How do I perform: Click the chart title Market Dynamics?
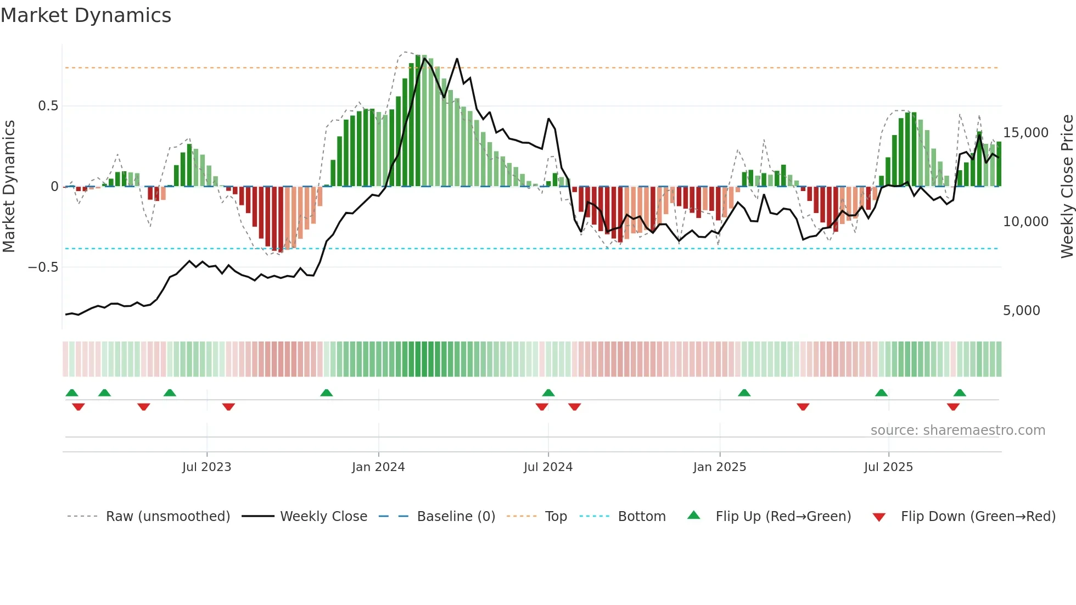pos(86,15)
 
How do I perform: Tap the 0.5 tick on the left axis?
pos(48,106)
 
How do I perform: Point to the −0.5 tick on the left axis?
pos(43,267)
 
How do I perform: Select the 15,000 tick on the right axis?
pos(1025,133)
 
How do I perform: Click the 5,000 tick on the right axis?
pos(1021,311)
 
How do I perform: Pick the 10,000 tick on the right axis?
pos(1025,222)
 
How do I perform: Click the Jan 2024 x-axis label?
pos(378,467)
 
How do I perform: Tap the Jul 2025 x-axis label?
pos(888,467)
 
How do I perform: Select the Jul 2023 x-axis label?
pos(206,467)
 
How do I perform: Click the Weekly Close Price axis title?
pos(1067,187)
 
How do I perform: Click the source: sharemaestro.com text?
pos(957,430)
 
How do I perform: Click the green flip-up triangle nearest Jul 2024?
pos(548,393)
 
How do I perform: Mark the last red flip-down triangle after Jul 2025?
pos(953,407)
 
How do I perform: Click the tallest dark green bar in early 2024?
pos(418,121)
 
